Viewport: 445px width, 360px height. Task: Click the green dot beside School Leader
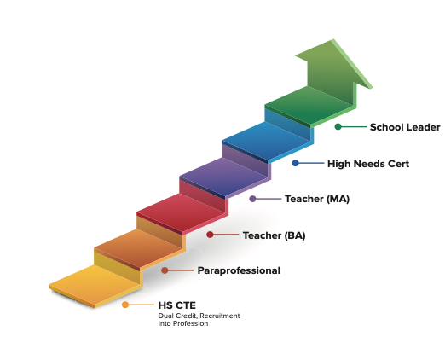pos(338,127)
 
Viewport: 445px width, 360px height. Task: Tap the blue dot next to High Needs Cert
pos(296,163)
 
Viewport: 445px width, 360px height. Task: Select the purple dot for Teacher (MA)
pos(253,199)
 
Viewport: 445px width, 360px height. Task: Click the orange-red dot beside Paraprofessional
pos(165,270)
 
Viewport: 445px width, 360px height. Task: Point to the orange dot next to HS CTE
pos(125,305)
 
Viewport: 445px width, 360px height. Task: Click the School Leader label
pos(405,127)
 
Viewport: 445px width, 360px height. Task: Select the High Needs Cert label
pos(367,163)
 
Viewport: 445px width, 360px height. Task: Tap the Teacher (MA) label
pos(316,199)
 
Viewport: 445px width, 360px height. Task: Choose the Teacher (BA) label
pos(274,235)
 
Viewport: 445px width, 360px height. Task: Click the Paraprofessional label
pos(239,270)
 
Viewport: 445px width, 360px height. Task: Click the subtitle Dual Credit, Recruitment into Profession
pos(199,319)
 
